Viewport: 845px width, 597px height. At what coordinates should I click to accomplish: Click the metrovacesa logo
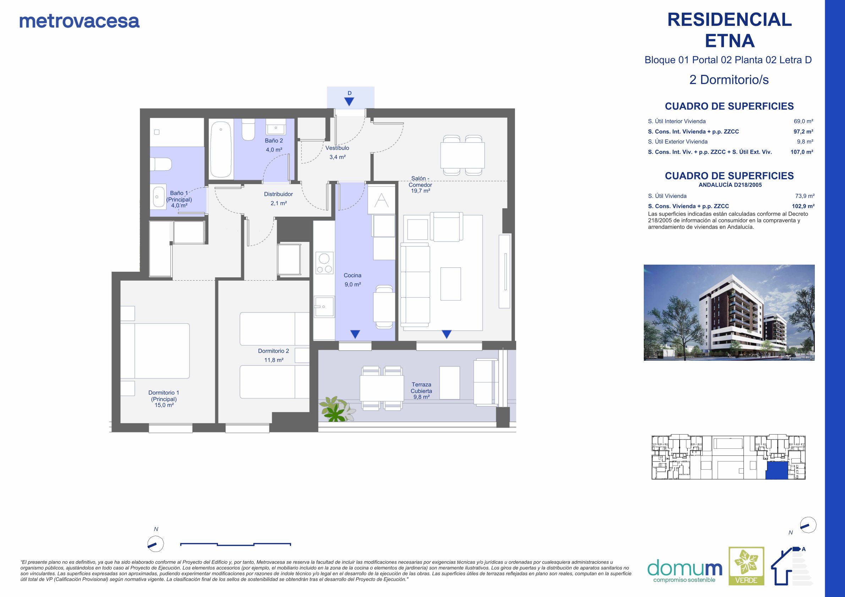click(x=79, y=21)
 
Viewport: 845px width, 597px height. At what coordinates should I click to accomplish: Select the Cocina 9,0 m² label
click(x=352, y=280)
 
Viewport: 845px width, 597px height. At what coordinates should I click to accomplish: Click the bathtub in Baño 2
click(x=220, y=150)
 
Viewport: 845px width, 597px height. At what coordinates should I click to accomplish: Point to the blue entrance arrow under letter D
click(x=349, y=102)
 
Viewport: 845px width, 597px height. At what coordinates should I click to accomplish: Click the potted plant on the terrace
click(x=336, y=409)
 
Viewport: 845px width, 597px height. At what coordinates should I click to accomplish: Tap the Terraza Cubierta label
click(x=421, y=391)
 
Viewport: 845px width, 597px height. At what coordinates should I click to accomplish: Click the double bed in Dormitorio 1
click(x=155, y=350)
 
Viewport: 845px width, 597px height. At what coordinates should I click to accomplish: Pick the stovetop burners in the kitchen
click(x=324, y=263)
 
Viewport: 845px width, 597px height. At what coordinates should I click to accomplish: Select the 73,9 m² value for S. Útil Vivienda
click(x=805, y=196)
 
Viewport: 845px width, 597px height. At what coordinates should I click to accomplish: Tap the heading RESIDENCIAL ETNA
click(x=729, y=30)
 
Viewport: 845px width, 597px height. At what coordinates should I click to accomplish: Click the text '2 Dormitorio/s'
click(x=729, y=80)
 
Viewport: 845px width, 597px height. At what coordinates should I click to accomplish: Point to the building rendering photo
click(x=729, y=312)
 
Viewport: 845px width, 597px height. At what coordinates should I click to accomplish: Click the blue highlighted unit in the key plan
click(x=777, y=471)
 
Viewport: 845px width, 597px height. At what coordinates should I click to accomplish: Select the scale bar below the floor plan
click(x=236, y=544)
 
